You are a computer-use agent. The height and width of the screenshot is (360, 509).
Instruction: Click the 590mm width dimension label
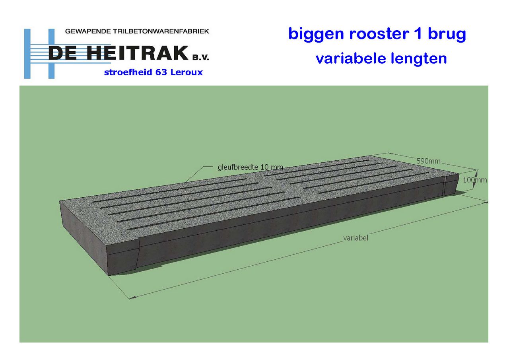point(429,161)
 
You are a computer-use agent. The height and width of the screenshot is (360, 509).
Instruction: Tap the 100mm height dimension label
point(475,180)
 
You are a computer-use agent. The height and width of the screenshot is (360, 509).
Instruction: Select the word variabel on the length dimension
point(356,238)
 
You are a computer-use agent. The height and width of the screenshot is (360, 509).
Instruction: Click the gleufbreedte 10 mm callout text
point(251,167)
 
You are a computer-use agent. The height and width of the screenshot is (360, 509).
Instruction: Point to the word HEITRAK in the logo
point(138,53)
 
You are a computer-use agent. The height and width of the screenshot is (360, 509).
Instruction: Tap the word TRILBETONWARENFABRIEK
point(161,31)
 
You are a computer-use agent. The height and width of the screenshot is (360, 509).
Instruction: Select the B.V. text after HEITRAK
point(200,58)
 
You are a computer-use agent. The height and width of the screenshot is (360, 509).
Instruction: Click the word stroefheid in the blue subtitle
point(128,72)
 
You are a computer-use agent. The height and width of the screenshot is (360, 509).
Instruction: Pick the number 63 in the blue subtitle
point(161,72)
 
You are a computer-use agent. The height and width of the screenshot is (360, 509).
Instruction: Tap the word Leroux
point(187,72)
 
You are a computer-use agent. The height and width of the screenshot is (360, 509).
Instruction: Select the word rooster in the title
point(379,34)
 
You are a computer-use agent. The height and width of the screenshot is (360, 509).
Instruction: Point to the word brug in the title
point(447,35)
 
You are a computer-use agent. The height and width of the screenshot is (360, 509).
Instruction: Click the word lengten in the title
point(419,58)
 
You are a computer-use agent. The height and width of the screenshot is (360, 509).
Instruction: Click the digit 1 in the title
point(419,34)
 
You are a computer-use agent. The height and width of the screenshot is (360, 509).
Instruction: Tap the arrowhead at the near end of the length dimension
point(133,297)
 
